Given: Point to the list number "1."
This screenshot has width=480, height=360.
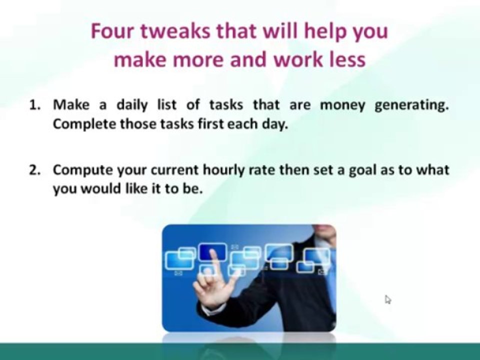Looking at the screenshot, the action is coord(35,105).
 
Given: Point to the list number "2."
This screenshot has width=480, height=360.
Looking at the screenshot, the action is coord(35,170).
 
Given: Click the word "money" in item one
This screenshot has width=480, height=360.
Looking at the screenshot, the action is coord(342,105).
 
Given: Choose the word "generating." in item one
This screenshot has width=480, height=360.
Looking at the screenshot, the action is coord(411,105).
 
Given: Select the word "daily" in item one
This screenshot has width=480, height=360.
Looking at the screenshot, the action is coord(132,105).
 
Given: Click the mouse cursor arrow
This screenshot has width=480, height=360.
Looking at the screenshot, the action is coord(388,299).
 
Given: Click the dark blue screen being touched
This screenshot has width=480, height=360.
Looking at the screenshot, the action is coord(213,251).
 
